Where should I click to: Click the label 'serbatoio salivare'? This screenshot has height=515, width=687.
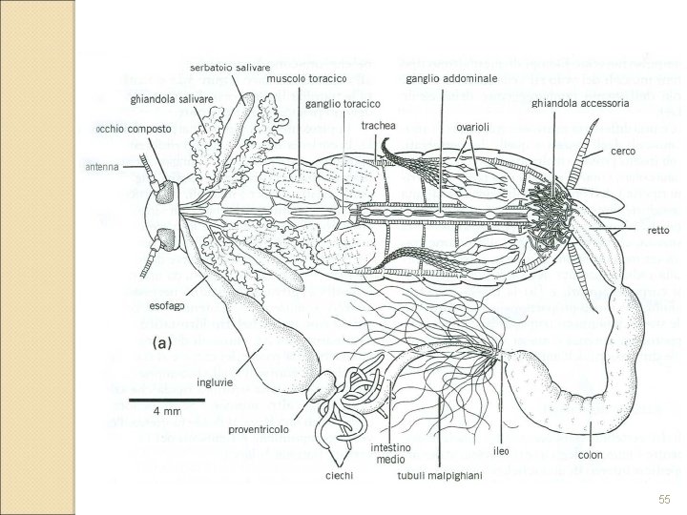tap(231, 68)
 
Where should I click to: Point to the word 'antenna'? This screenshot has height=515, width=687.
tap(99, 166)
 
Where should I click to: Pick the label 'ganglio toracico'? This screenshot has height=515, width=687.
tap(343, 103)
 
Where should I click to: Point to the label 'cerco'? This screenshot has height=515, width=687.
tap(623, 152)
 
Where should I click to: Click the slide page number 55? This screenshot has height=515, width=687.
tap(664, 500)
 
